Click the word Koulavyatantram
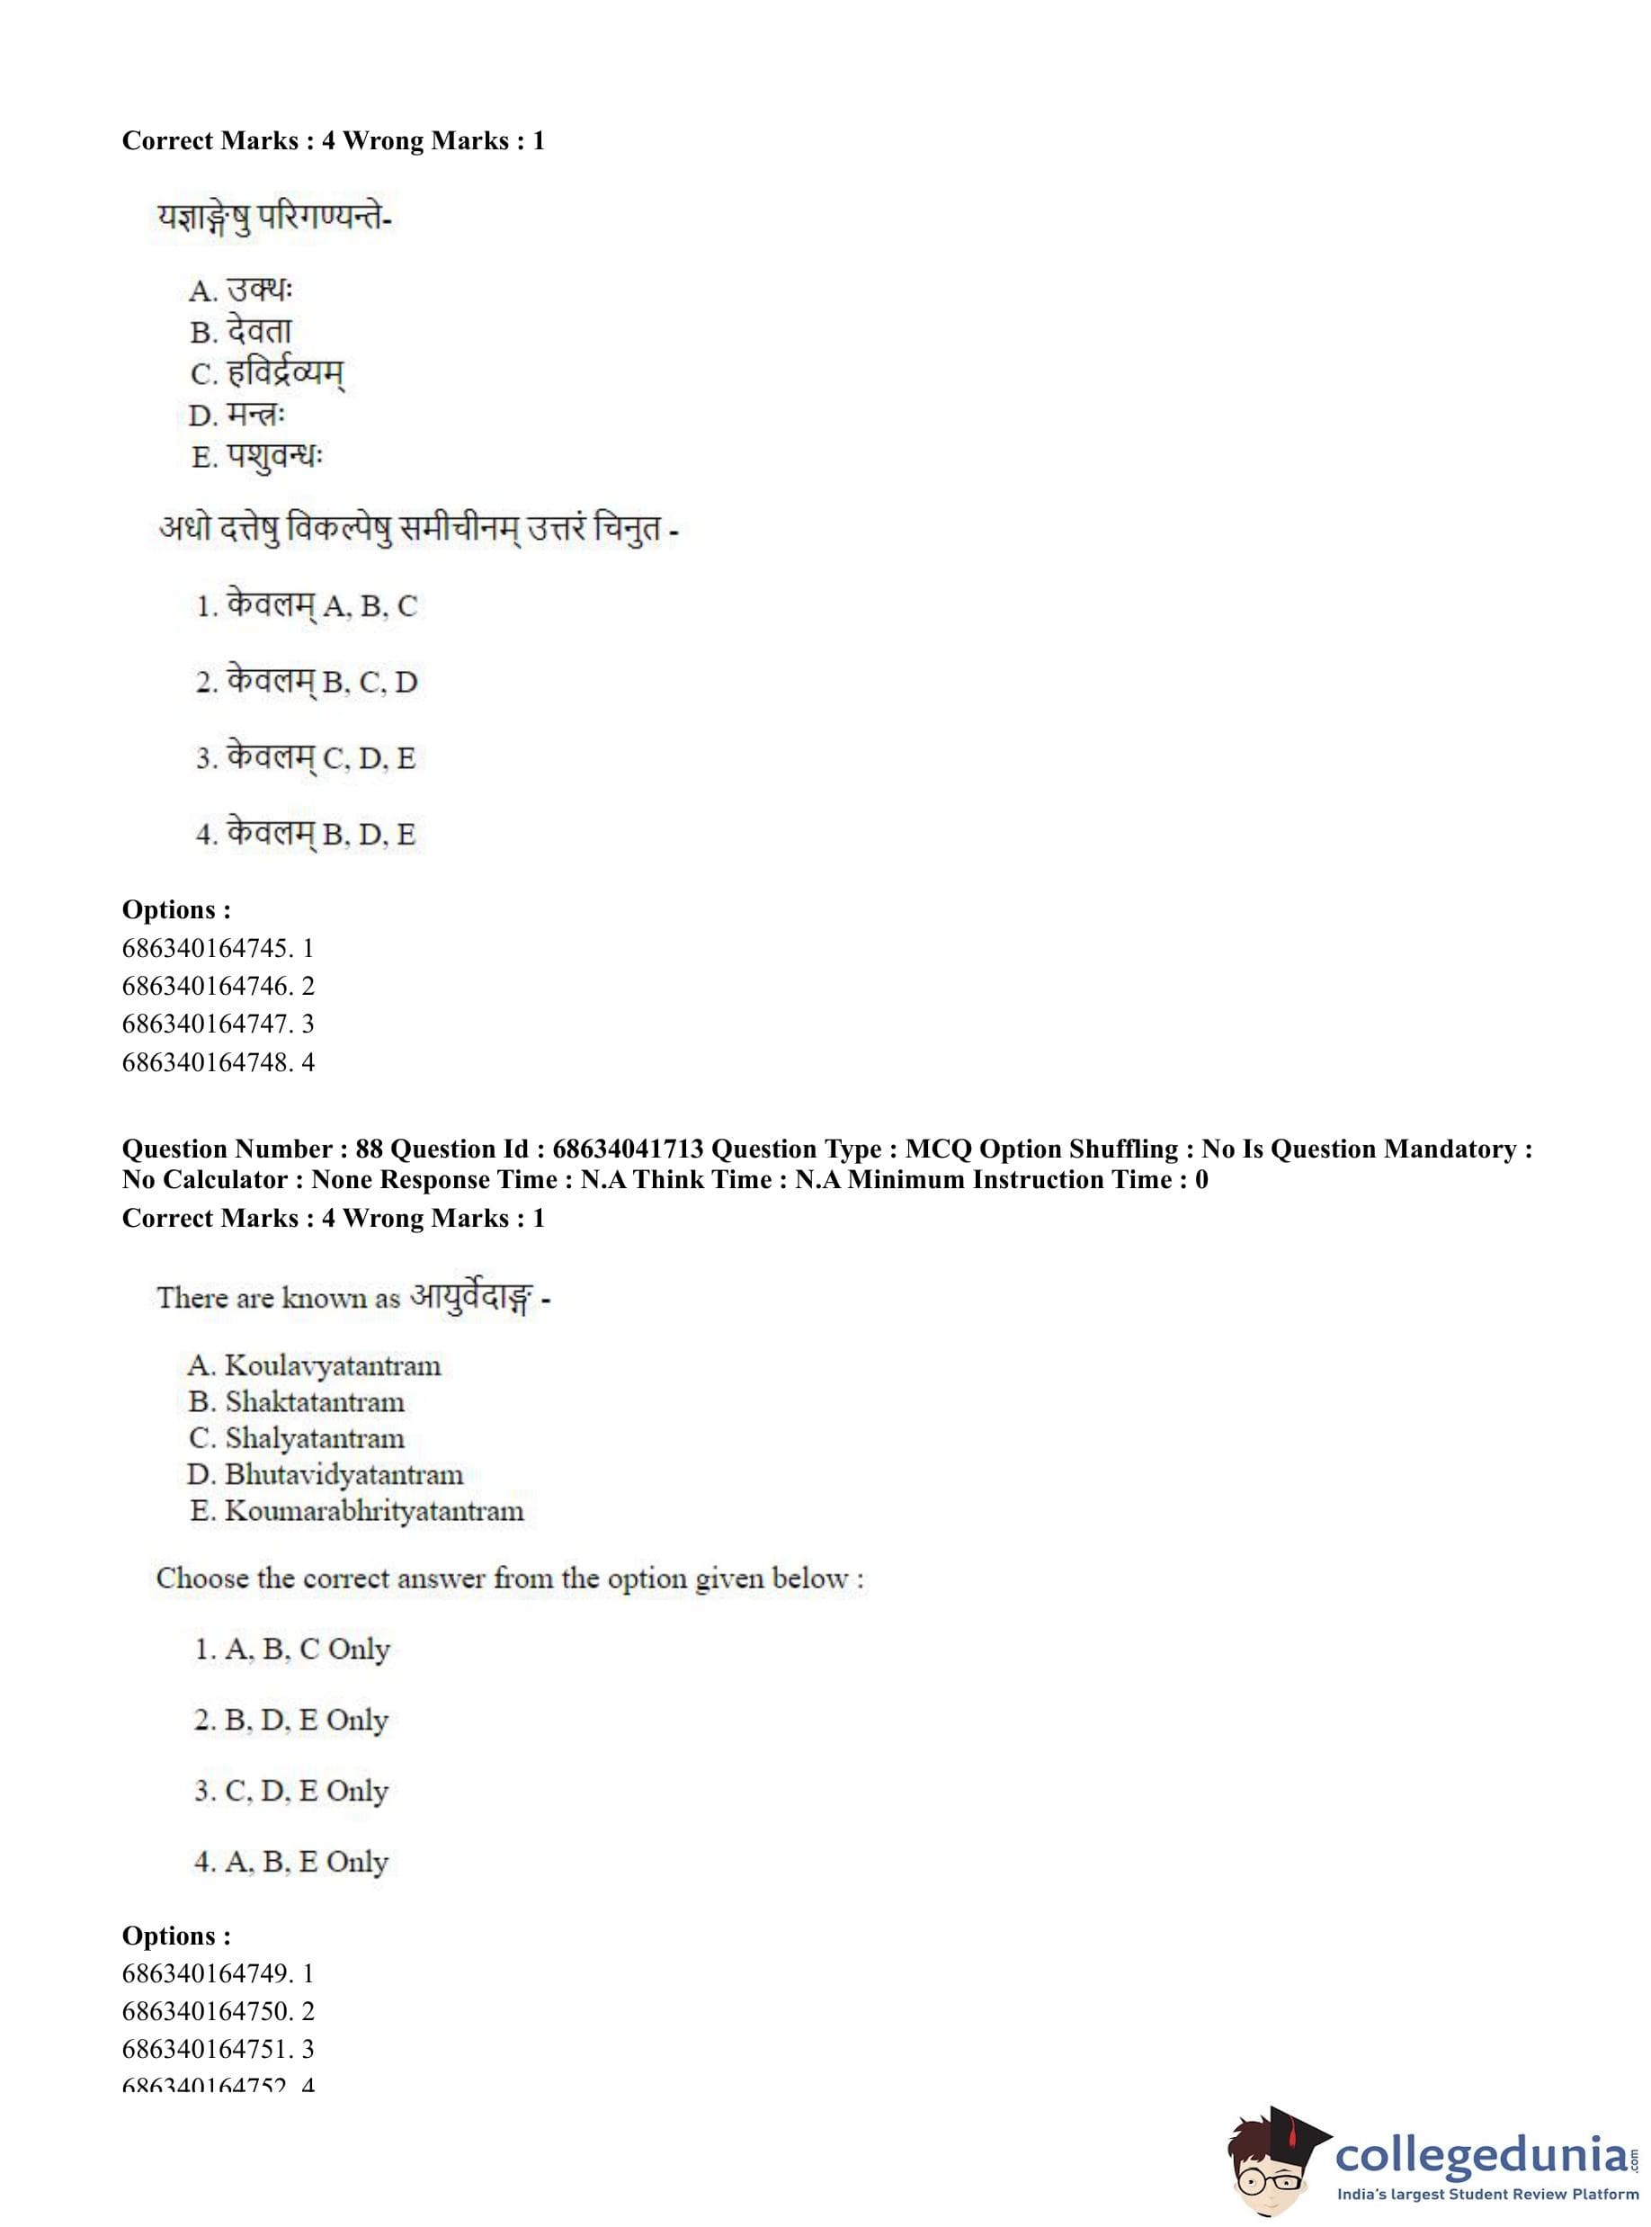(332, 1365)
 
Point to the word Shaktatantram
(315, 1402)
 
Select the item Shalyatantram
(315, 1438)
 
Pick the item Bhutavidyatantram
(344, 1475)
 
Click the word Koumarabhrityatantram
(374, 1511)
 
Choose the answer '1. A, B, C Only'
(292, 1650)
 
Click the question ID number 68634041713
(628, 1149)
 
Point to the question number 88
(369, 1149)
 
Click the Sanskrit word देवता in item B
(259, 331)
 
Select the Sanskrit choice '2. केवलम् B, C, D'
(306, 682)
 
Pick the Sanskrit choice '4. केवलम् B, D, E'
(305, 834)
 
